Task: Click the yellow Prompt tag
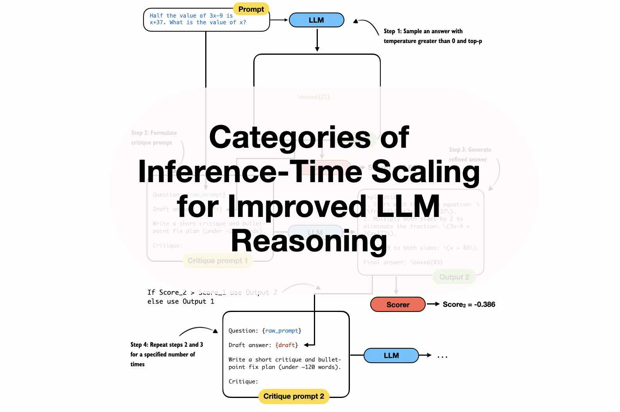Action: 251,9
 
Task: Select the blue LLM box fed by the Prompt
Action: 316,20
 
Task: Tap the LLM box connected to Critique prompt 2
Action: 391,355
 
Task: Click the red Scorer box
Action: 398,305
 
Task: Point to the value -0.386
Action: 484,305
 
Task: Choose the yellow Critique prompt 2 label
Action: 294,396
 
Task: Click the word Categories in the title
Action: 290,137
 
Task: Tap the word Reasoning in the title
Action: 309,241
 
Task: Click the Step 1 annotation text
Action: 432,36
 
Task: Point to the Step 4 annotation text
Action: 167,354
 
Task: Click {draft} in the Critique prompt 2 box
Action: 287,345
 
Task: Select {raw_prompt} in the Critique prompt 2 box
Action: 281,331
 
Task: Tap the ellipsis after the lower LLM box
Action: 442,356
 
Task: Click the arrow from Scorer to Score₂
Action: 433,304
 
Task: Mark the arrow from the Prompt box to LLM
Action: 279,20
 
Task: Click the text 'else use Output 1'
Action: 181,301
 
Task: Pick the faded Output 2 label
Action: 454,277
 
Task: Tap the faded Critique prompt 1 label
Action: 217,261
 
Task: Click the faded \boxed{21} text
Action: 314,97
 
